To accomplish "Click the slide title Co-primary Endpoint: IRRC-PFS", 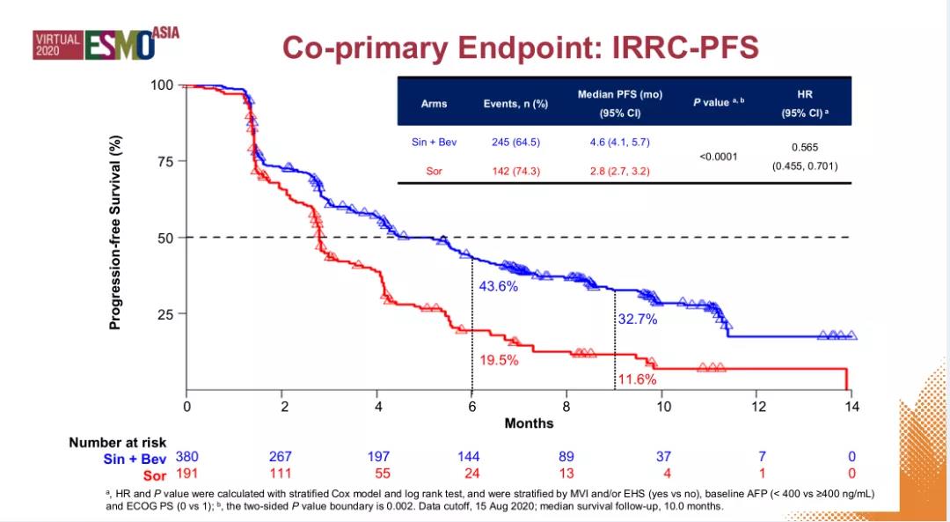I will [520, 48].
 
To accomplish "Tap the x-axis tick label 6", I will [471, 407].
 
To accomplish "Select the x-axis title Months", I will [529, 423].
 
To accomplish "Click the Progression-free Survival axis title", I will [115, 232].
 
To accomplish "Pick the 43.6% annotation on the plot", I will [498, 286].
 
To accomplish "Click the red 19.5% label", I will [499, 360].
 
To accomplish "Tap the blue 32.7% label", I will [637, 320].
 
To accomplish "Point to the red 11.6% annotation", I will [637, 379].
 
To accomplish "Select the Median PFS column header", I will [619, 103].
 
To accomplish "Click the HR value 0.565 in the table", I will [805, 148].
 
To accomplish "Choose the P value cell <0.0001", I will [719, 157].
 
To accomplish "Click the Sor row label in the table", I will [434, 171].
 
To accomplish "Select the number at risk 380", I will [186, 456].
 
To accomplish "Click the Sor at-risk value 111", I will [281, 474].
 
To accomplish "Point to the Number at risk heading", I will [117, 443].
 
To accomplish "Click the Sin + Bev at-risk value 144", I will [468, 456].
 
